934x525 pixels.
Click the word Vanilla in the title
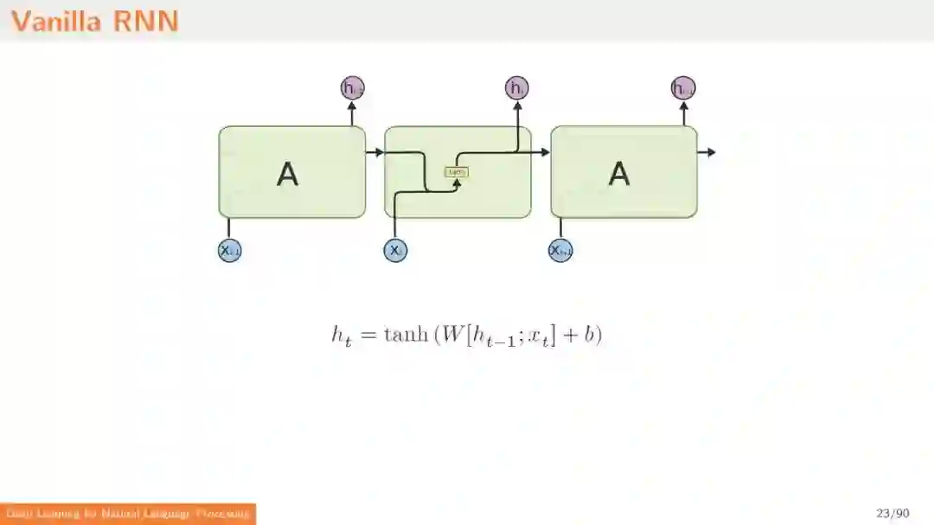click(x=57, y=21)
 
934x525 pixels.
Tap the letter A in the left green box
click(x=287, y=174)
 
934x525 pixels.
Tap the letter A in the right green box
click(x=619, y=174)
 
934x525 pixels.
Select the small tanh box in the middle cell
click(x=456, y=171)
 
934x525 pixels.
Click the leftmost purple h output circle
click(x=352, y=87)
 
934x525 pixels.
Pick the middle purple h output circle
click(x=516, y=87)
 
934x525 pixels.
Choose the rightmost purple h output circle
click(x=683, y=87)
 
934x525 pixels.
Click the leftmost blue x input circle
click(x=229, y=250)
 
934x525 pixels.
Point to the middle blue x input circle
click(x=395, y=250)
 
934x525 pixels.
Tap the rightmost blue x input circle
click(x=560, y=250)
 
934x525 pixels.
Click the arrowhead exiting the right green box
click(x=711, y=152)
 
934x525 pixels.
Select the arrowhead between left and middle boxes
click(x=379, y=152)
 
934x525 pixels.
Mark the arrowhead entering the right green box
click(x=545, y=152)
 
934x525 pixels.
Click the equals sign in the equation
click(x=367, y=336)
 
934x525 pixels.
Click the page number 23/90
click(x=892, y=514)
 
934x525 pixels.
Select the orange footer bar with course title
click(x=128, y=514)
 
